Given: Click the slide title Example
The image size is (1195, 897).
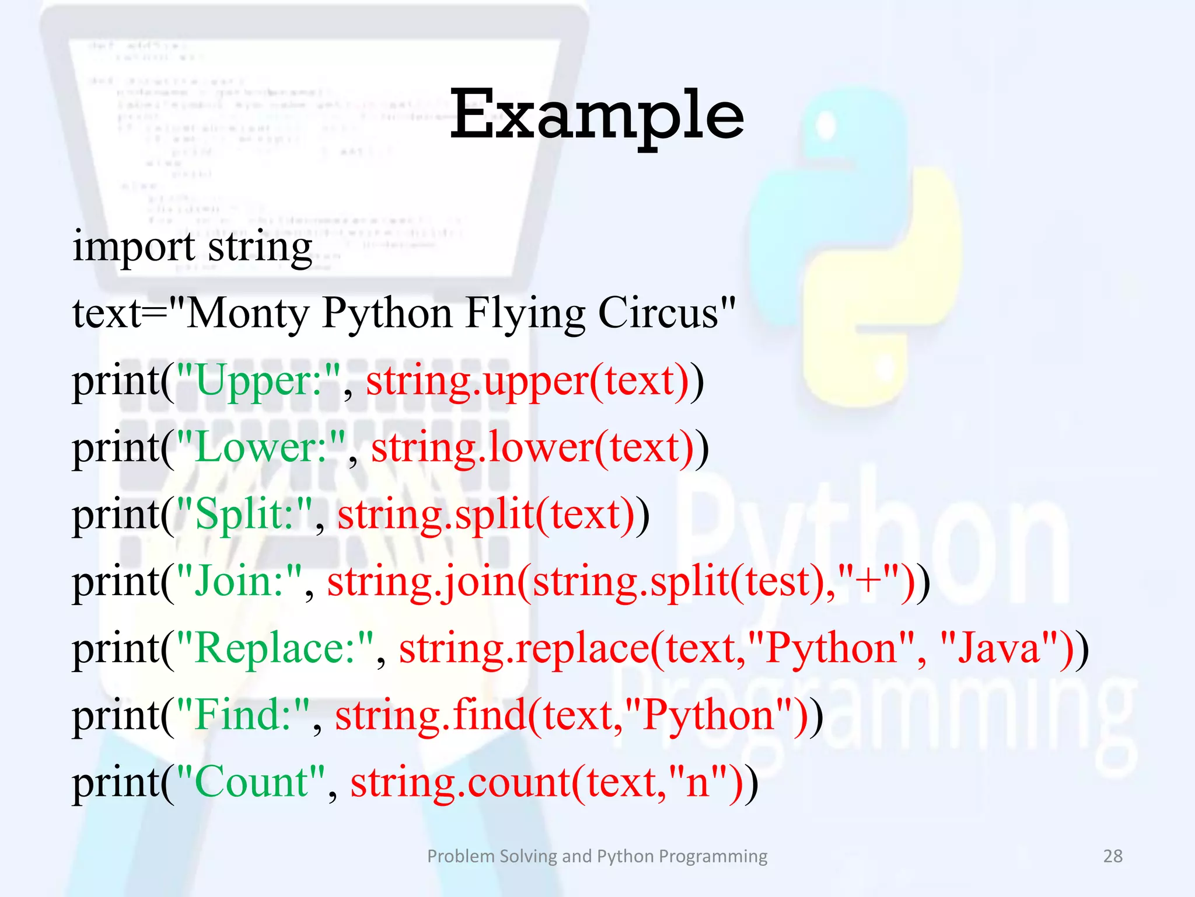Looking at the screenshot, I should point(596,116).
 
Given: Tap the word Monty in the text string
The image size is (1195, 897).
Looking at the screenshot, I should point(247,314).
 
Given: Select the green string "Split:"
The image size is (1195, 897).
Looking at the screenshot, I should point(244,515).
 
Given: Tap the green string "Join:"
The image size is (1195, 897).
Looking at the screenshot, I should point(239,582).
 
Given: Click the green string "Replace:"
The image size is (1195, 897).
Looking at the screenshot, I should point(274,649).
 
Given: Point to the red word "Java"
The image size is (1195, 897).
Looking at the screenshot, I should point(999,649).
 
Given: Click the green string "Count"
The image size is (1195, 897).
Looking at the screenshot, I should point(250,783).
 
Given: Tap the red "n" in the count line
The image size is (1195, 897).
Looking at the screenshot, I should point(697,783).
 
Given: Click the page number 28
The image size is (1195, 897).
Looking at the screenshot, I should point(1113,856).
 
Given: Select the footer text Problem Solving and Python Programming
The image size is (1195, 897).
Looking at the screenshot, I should point(597,856).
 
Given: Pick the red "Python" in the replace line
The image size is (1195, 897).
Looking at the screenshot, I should point(831,649).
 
